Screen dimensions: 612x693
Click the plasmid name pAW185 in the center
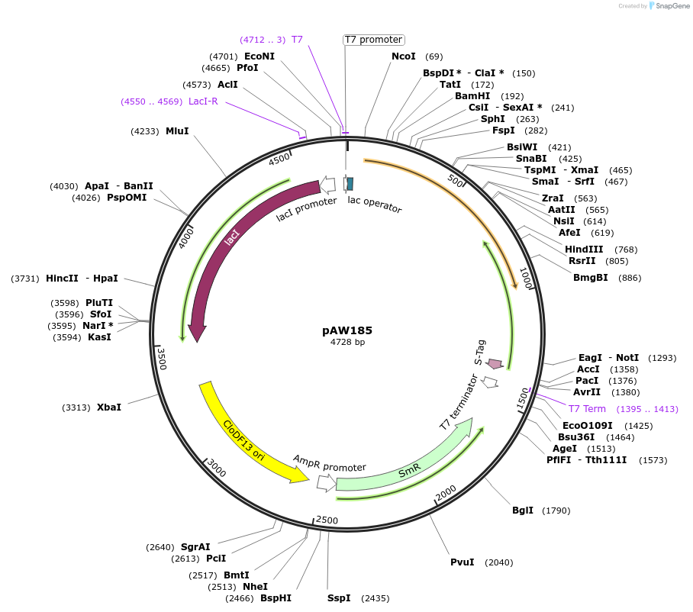347,330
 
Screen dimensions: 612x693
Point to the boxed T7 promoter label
373,40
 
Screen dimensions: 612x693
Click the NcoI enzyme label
404,56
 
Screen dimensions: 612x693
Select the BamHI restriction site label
472,96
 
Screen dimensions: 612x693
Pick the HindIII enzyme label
584,250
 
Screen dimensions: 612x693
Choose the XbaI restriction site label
109,407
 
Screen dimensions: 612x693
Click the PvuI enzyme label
463,562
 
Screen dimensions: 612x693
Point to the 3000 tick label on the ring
217,469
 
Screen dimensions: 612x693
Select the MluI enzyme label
177,131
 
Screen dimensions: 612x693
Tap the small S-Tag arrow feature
495,364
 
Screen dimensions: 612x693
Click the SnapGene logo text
669,6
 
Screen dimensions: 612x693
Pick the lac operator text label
375,205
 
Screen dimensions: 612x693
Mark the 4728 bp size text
347,343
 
